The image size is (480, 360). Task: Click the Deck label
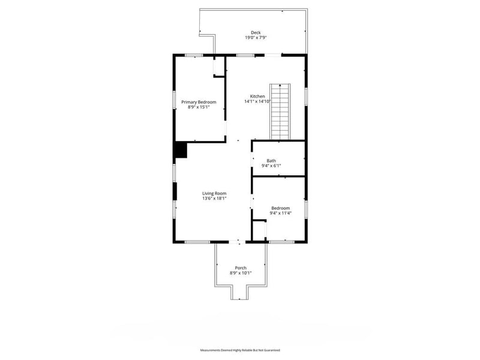point(256,32)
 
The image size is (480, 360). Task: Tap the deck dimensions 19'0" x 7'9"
point(256,38)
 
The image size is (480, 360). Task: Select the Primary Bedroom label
point(199,102)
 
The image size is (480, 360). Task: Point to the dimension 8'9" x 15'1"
point(199,107)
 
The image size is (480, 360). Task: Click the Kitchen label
point(257,97)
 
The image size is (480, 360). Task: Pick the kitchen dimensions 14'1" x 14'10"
point(257,102)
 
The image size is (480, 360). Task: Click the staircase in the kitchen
point(280,111)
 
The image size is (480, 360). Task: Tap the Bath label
point(271,160)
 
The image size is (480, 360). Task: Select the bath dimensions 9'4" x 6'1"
point(271,166)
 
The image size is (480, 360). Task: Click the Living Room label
point(214,193)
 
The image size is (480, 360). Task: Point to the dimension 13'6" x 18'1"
point(214,198)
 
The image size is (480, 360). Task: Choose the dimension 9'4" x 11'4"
point(280,213)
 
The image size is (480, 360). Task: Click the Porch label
point(241,268)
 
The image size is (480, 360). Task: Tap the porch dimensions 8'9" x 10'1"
point(241,273)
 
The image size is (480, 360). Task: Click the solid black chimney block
point(181,150)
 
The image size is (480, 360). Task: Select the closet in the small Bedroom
point(259,230)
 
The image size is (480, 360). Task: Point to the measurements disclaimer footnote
point(240,350)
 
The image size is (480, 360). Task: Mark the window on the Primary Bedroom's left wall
point(174,102)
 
